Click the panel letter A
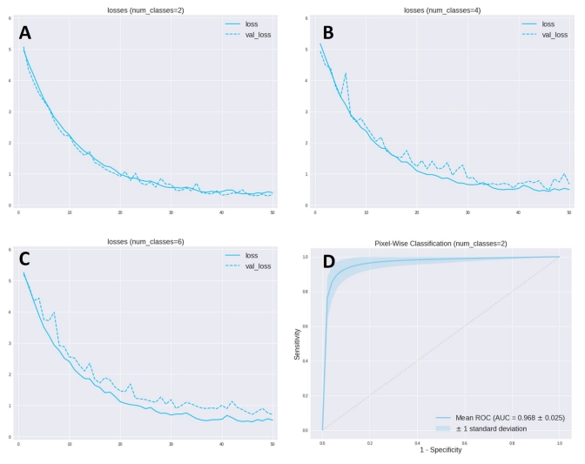pyautogui.click(x=27, y=33)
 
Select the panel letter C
pyautogui.click(x=26, y=259)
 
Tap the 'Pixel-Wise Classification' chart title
pyautogui.click(x=440, y=240)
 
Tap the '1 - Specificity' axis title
pyautogui.click(x=440, y=451)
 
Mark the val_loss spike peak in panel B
pyautogui.click(x=346, y=74)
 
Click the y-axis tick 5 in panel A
pyautogui.click(x=9, y=50)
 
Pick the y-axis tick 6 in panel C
pyautogui.click(x=9, y=251)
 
